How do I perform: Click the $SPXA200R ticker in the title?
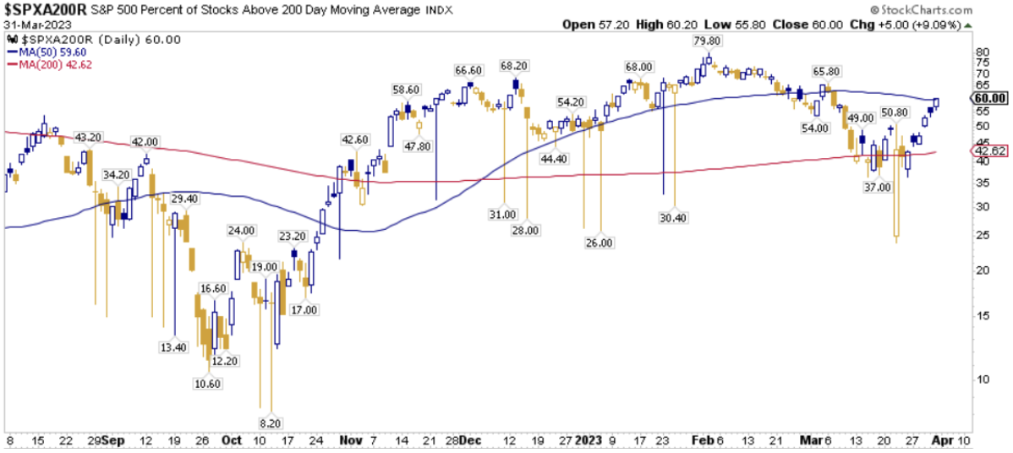pyautogui.click(x=42, y=9)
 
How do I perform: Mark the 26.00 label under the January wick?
pyautogui.click(x=600, y=242)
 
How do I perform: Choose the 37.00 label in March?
pyautogui.click(x=879, y=187)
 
